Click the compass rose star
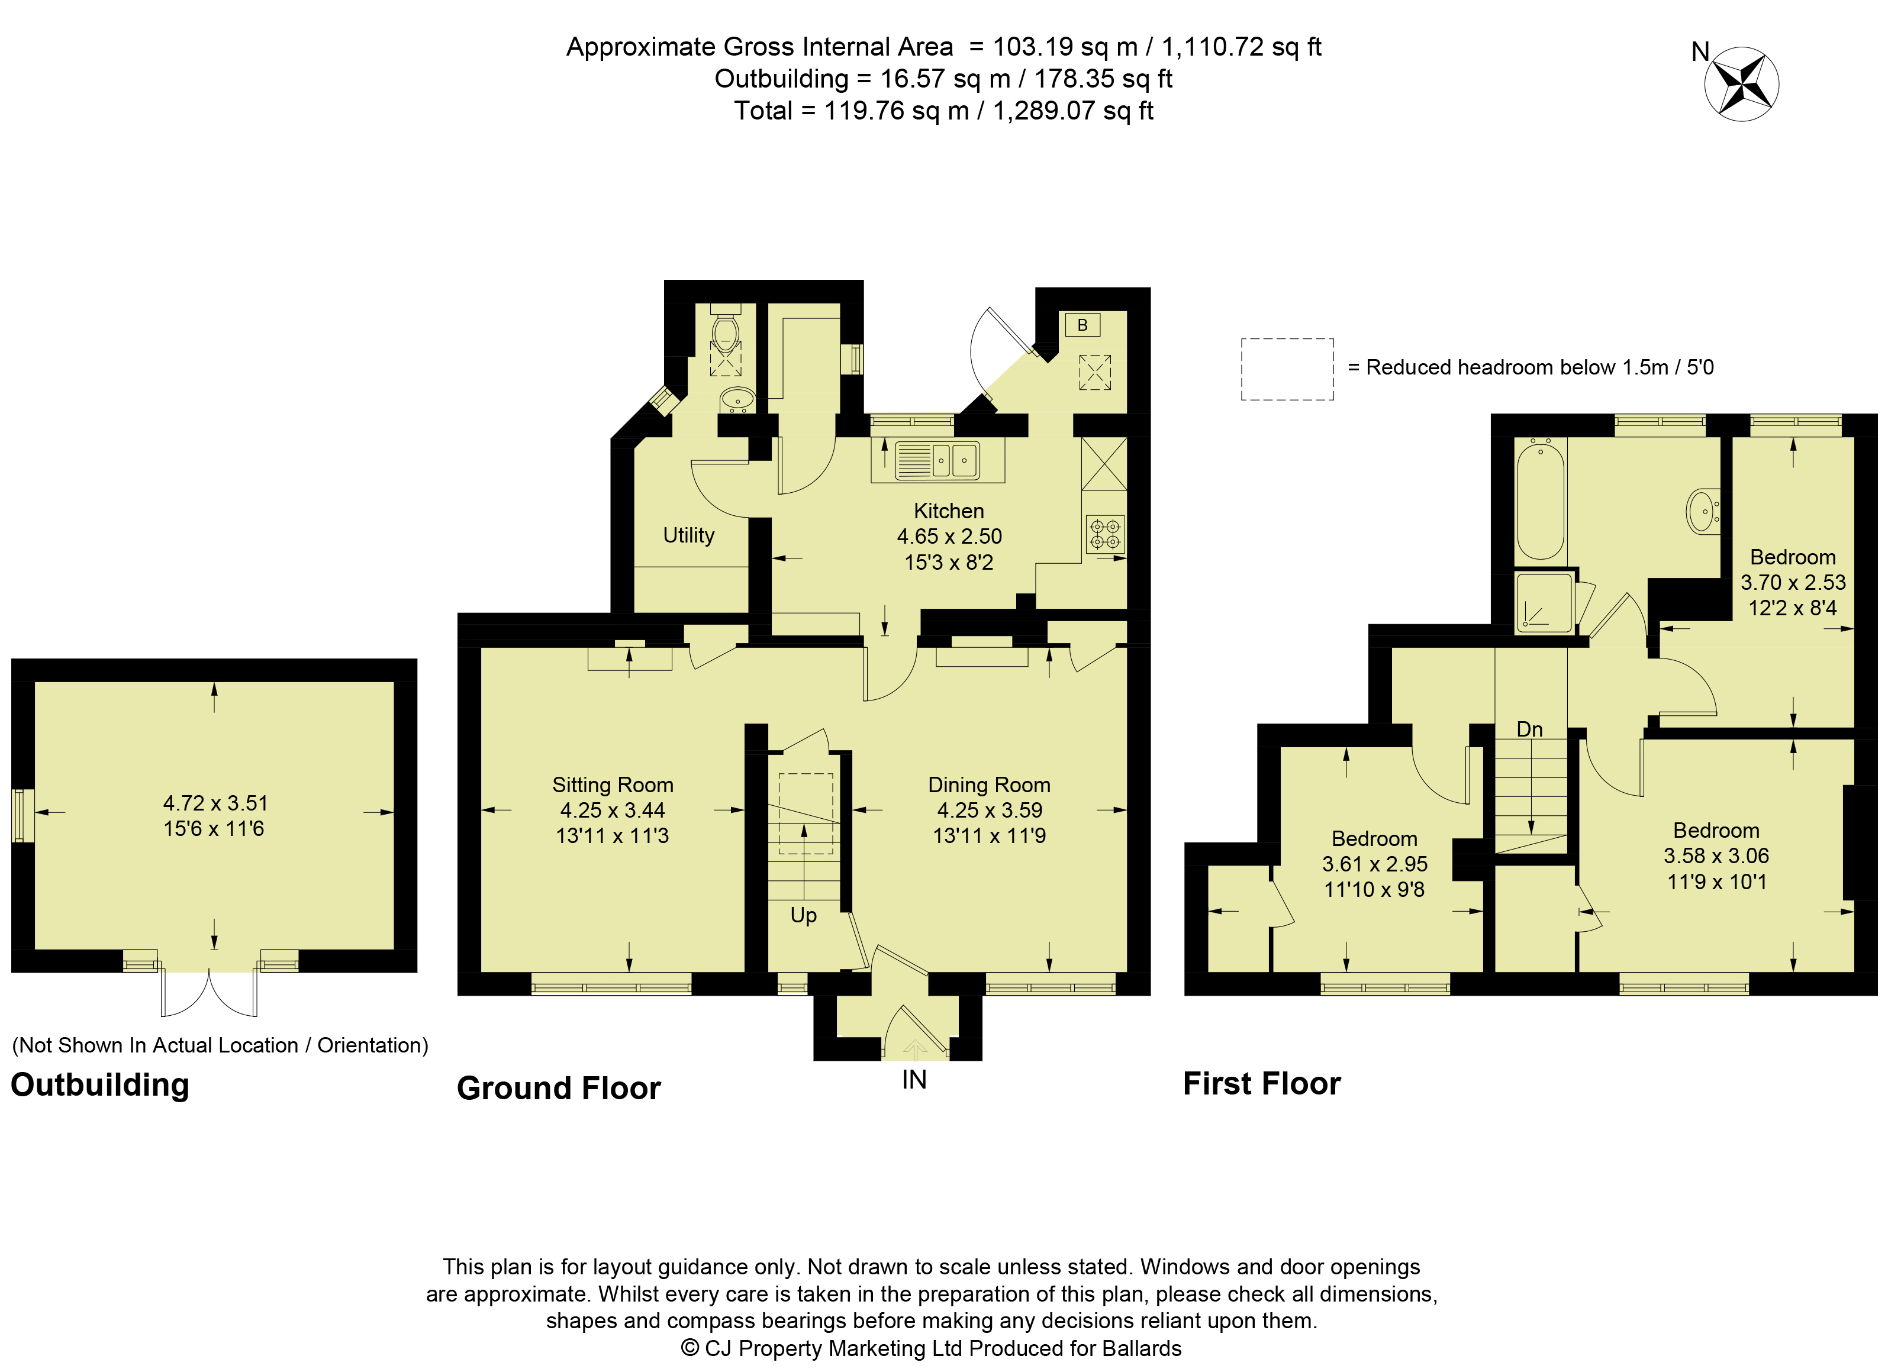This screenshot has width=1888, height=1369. pyautogui.click(x=1741, y=85)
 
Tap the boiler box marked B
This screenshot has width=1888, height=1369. pyautogui.click(x=1082, y=325)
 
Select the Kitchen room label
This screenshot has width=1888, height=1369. pyautogui.click(x=949, y=511)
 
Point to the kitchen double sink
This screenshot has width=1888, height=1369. pyautogui.click(x=938, y=460)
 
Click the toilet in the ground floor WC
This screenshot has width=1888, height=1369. pyautogui.click(x=726, y=328)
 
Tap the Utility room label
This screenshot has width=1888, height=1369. pyautogui.click(x=688, y=535)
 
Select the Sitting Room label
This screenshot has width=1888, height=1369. pyautogui.click(x=613, y=785)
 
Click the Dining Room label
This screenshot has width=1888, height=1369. pyautogui.click(x=989, y=785)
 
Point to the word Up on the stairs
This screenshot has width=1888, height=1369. pyautogui.click(x=803, y=915)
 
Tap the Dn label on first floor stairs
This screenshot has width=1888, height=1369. pyautogui.click(x=1529, y=730)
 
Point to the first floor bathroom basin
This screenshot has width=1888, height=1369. pyautogui.click(x=1702, y=510)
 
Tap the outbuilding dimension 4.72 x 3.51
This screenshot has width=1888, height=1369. pyautogui.click(x=215, y=803)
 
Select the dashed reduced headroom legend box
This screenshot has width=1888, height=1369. pyautogui.click(x=1287, y=370)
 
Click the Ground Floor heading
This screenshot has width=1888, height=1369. pyautogui.click(x=559, y=1089)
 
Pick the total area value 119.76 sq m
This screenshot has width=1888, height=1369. pyautogui.click(x=897, y=111)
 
